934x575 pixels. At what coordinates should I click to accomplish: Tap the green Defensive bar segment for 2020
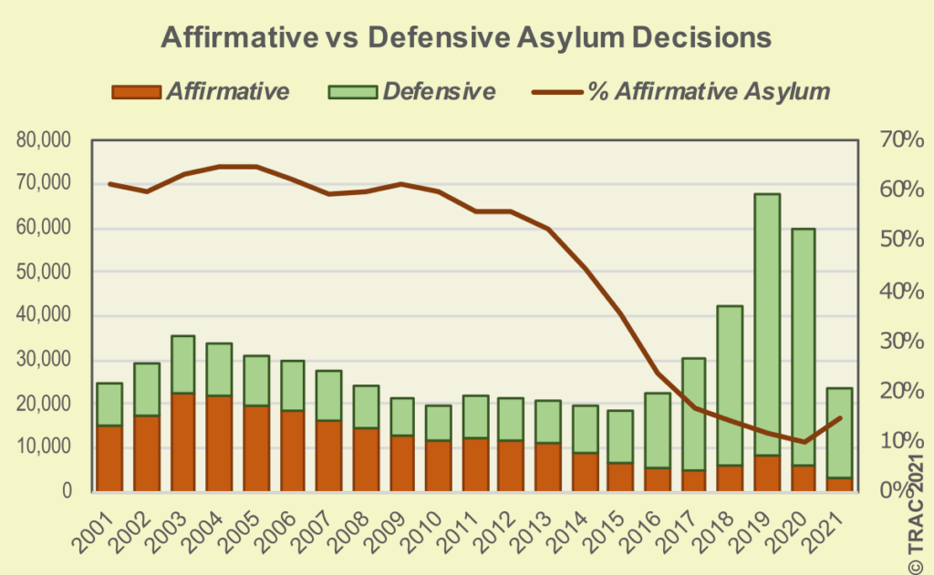coord(803,346)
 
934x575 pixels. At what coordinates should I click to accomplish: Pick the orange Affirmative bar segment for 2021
coord(839,484)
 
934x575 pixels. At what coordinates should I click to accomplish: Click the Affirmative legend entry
coord(200,91)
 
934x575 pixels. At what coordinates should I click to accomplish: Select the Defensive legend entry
coord(416,91)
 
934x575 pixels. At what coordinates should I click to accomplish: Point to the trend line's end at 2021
coord(839,418)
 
